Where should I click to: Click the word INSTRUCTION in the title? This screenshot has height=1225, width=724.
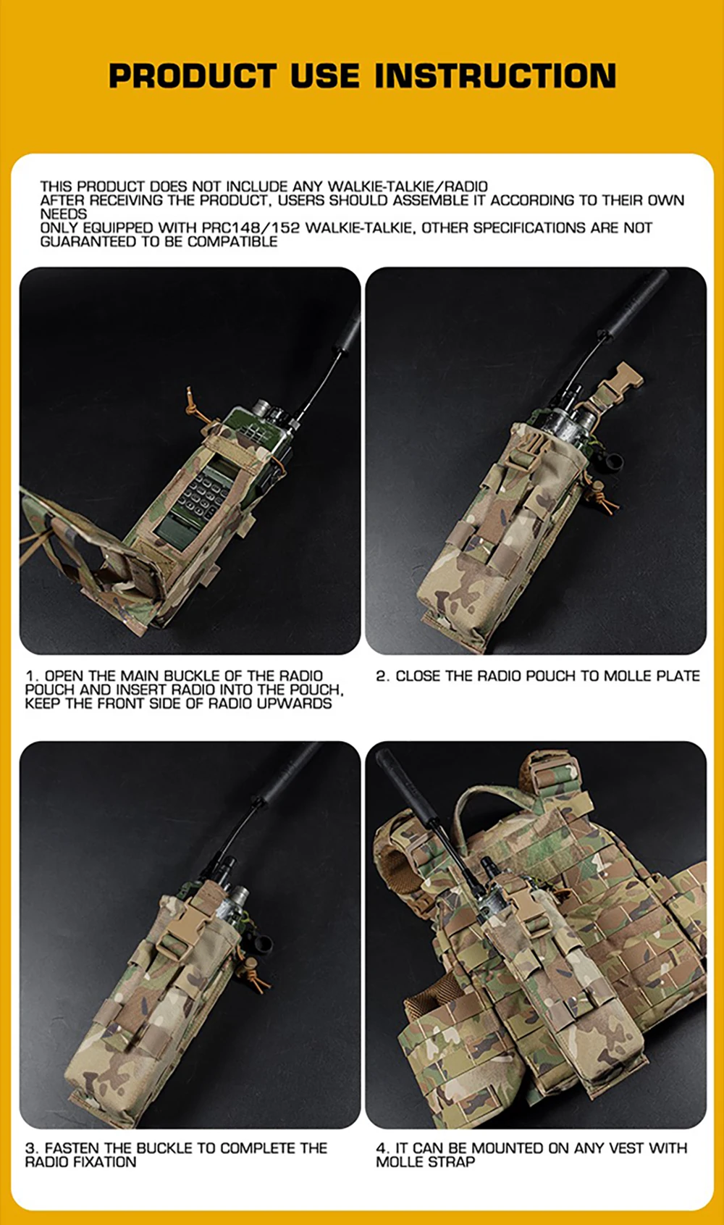click(x=495, y=75)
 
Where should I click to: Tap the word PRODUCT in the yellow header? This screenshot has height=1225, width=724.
click(x=193, y=75)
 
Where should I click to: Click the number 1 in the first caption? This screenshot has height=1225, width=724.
click(x=29, y=676)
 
